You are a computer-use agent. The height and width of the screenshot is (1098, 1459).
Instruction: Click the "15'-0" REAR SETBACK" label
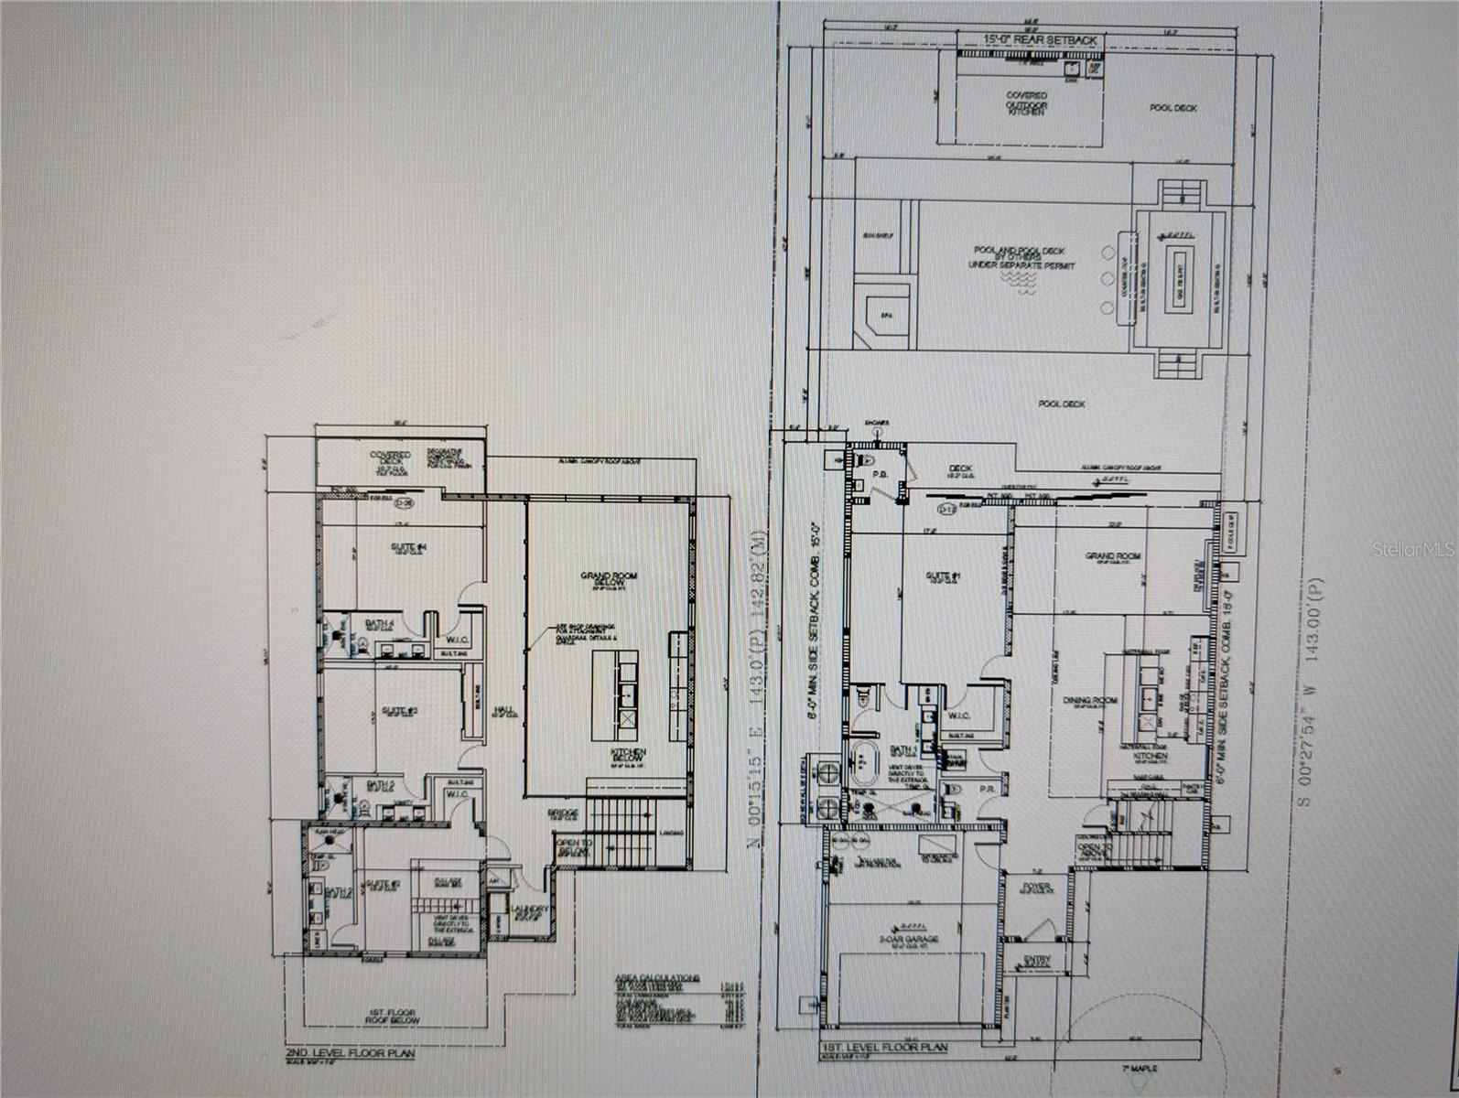[x=1027, y=40]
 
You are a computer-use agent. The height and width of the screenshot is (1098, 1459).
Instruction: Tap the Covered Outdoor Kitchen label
[x=1026, y=103]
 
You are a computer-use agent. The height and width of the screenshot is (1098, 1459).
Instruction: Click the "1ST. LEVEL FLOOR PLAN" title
[x=884, y=1047]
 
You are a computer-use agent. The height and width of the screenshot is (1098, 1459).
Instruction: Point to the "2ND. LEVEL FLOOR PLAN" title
[x=350, y=1053]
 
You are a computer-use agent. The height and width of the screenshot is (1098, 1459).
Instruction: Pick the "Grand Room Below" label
[x=608, y=580]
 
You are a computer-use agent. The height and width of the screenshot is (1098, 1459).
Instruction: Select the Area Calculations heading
[x=656, y=978]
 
